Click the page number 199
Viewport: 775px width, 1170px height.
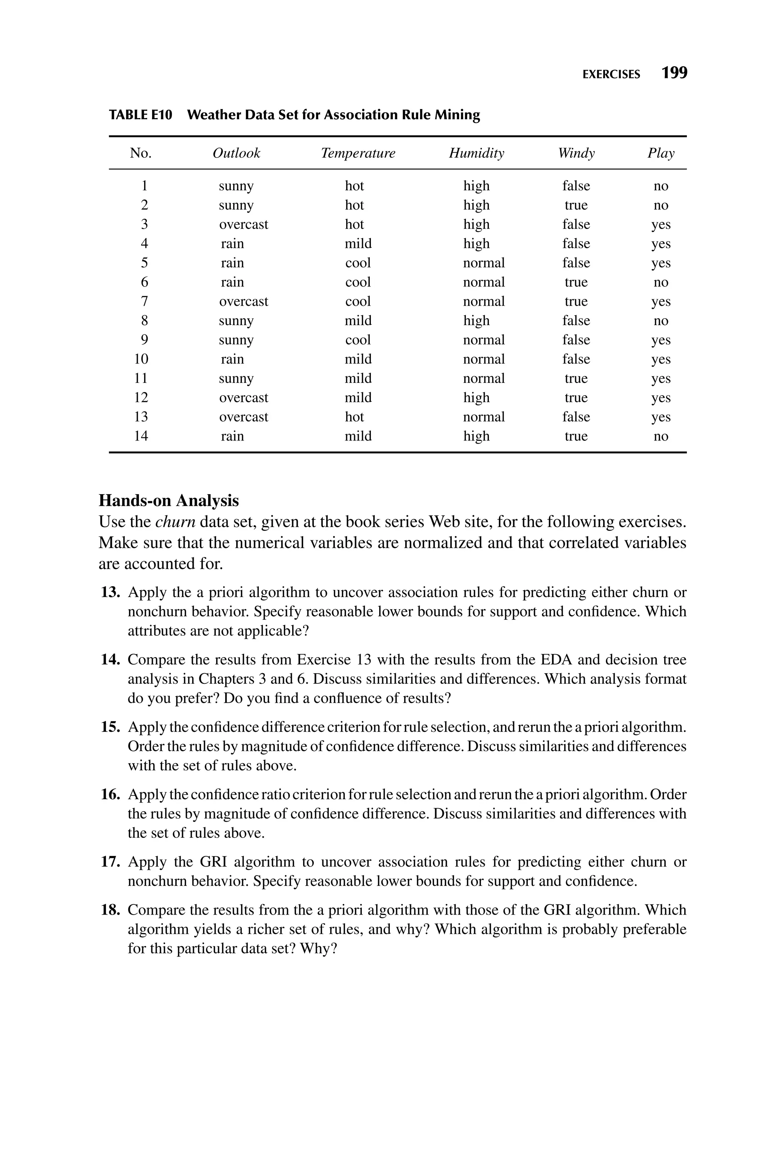coord(674,73)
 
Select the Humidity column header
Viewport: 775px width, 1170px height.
coord(476,153)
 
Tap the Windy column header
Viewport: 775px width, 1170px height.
coord(576,153)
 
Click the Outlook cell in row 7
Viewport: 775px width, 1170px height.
coord(244,302)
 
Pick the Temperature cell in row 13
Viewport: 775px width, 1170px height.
coord(354,417)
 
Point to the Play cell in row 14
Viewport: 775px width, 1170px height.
coord(661,436)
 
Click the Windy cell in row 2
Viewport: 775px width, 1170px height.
coord(576,205)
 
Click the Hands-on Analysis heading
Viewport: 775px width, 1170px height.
coord(168,501)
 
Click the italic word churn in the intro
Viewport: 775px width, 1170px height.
coord(176,522)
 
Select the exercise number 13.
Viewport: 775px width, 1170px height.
coord(111,593)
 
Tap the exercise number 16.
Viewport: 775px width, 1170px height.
coord(111,795)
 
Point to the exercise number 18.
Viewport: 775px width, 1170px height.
coord(111,910)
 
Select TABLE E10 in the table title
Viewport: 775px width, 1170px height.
coord(141,115)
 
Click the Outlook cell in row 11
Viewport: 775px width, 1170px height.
coord(236,378)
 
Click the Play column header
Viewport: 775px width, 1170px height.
coord(661,153)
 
